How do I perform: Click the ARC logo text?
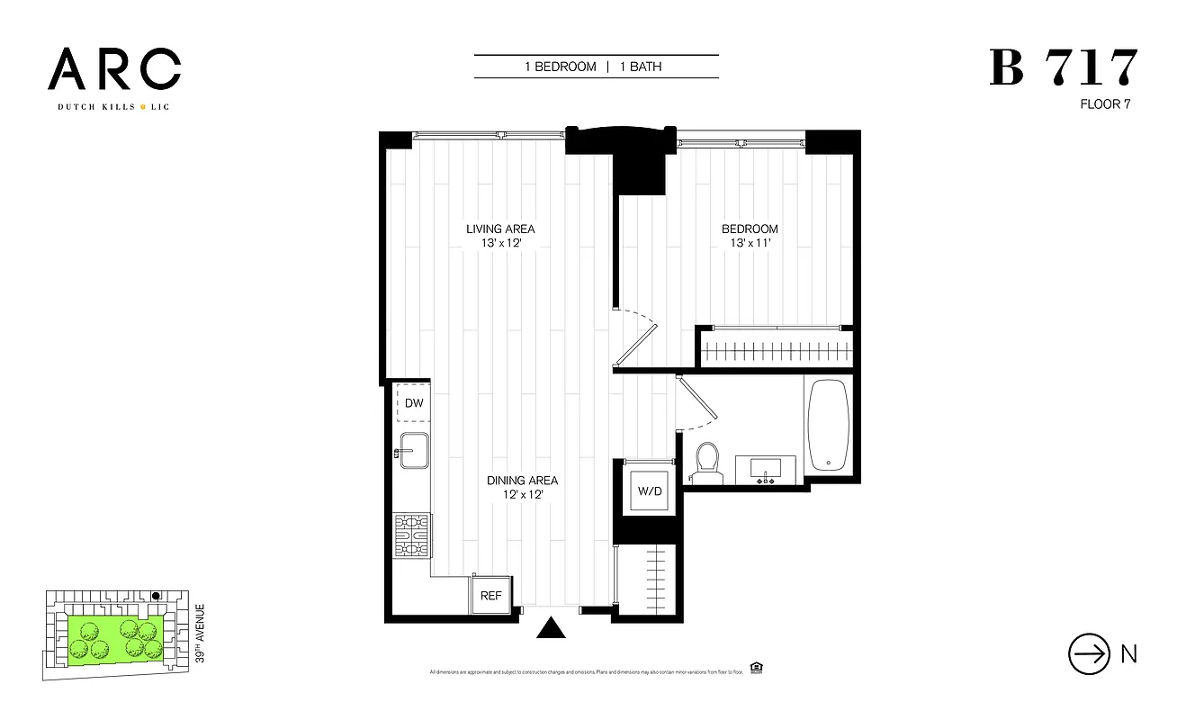coord(114,70)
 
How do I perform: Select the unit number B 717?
coord(1064,69)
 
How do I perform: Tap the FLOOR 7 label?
coord(1105,104)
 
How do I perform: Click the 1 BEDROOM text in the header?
coord(561,67)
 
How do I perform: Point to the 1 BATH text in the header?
coord(641,67)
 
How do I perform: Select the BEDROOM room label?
coord(750,229)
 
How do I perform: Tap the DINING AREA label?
coord(522,481)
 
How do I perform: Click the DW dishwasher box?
coord(414,404)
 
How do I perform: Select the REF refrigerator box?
coord(490,595)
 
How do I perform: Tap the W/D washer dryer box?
coord(650,491)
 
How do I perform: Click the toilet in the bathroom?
coord(708,459)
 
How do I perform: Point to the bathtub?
coord(828,425)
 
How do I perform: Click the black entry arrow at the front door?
coord(550,627)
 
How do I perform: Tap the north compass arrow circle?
coord(1089,654)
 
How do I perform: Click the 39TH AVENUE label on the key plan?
coord(201,634)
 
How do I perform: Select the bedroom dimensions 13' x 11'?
coord(750,244)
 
